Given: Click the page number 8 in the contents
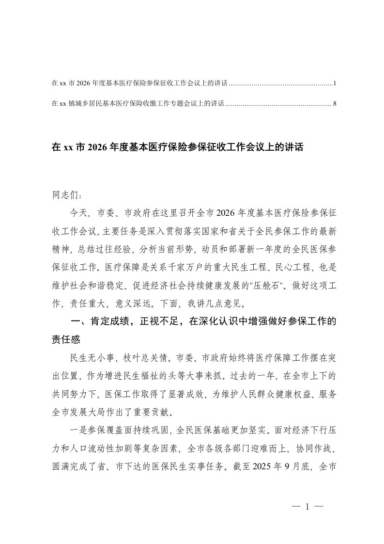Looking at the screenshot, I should (335, 103).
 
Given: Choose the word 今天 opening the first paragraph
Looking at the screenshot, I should (79, 212).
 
